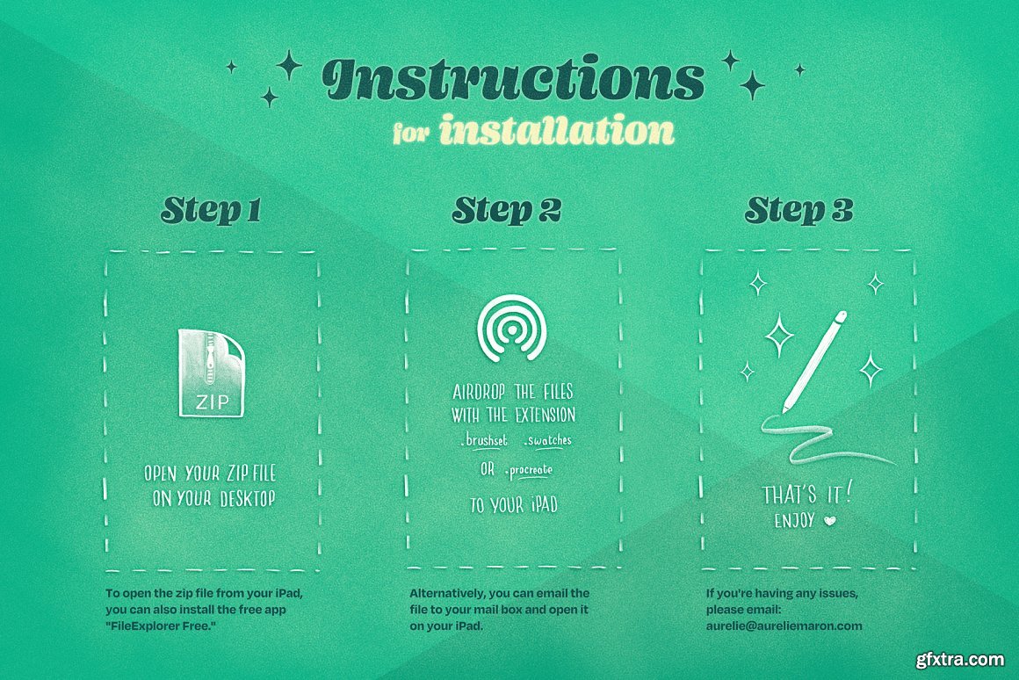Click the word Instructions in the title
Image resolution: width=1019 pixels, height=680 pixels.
pyautogui.click(x=513, y=79)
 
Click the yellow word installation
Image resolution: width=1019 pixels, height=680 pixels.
pyautogui.click(x=557, y=129)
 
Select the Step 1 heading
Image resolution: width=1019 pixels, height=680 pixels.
pyautogui.click(x=211, y=210)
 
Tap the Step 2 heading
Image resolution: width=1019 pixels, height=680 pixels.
pyautogui.click(x=507, y=210)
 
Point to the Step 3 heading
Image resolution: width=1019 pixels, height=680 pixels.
pyautogui.click(x=799, y=210)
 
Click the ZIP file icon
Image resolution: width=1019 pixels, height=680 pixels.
pyautogui.click(x=211, y=373)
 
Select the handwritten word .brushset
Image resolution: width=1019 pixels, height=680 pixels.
pyautogui.click(x=483, y=441)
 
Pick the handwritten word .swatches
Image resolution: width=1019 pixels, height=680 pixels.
pyautogui.click(x=547, y=441)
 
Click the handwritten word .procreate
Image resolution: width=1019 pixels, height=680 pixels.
pyautogui.click(x=528, y=470)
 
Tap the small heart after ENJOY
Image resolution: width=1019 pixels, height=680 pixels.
pyautogui.click(x=830, y=521)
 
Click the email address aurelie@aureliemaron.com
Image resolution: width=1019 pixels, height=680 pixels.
pyautogui.click(x=784, y=626)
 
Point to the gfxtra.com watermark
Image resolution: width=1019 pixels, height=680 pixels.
pyautogui.click(x=960, y=660)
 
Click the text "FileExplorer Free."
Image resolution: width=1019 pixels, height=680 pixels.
pyautogui.click(x=161, y=626)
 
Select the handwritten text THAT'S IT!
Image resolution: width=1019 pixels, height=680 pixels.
pyautogui.click(x=806, y=495)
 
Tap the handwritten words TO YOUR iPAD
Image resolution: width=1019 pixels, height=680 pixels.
pyautogui.click(x=514, y=505)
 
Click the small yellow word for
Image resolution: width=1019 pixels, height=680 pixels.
pyautogui.click(x=411, y=134)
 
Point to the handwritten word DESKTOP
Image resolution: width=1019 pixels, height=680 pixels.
pyautogui.click(x=248, y=499)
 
